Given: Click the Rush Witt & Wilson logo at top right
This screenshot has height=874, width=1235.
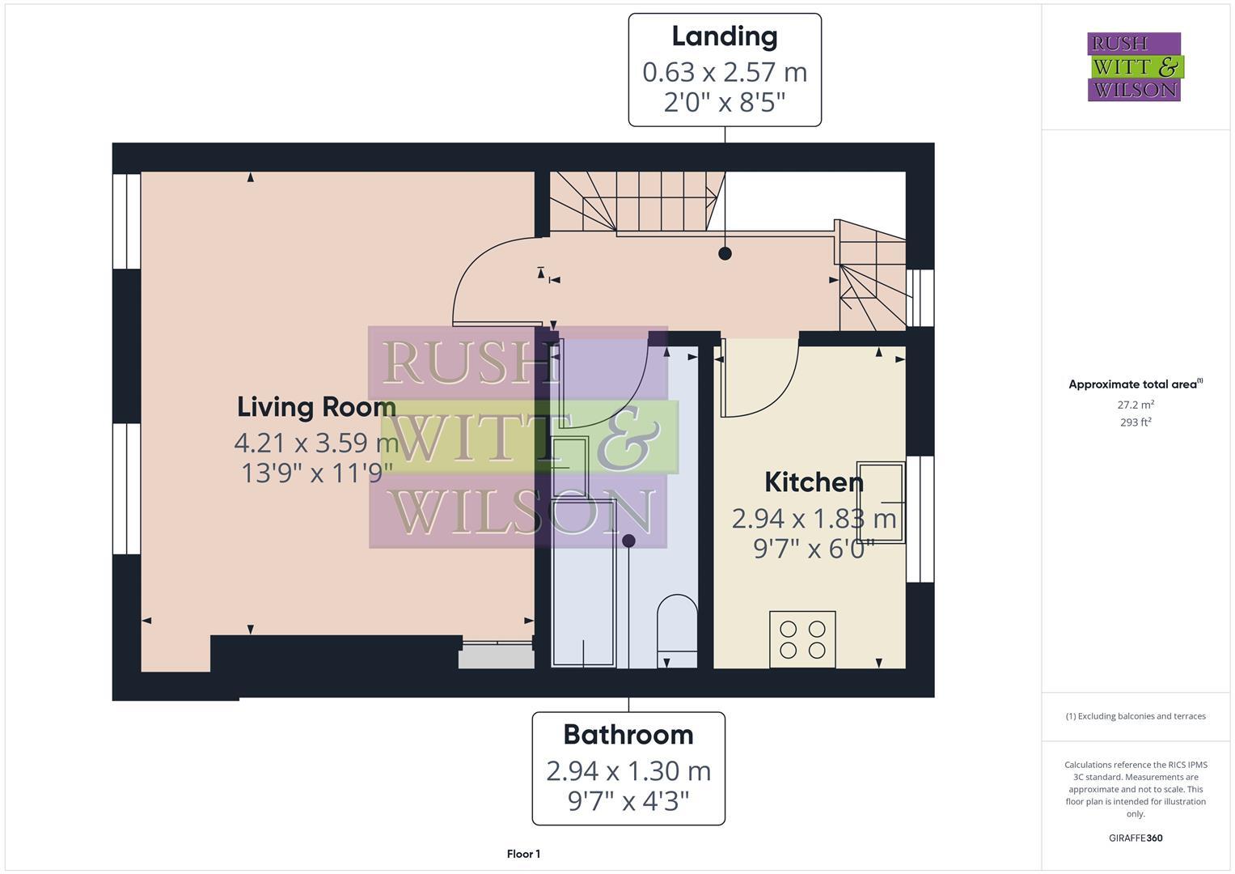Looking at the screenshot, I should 1134,66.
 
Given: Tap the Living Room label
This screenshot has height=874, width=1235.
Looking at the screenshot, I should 316,406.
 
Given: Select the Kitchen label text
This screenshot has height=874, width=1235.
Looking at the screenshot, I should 814,482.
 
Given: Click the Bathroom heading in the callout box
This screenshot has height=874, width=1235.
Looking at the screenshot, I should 628,734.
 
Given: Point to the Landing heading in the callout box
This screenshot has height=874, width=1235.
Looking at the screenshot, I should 725,36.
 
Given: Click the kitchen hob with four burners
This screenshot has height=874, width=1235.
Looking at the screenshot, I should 802,639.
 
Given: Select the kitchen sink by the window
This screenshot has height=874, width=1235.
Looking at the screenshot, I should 881,503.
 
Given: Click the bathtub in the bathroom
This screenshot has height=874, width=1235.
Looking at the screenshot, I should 583,583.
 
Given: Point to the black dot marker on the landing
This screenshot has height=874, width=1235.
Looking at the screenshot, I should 725,253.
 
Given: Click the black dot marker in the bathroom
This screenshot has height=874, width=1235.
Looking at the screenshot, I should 628,541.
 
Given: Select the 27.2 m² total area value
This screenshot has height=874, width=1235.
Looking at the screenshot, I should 1136,405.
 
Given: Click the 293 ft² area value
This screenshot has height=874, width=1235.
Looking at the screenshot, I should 1136,422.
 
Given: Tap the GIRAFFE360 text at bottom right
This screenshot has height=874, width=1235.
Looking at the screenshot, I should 1136,838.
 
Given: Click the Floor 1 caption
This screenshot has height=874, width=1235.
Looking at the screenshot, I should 523,854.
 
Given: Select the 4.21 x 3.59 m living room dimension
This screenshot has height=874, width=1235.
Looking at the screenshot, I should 316,443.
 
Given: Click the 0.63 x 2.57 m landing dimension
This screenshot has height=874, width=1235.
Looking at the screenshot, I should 725,72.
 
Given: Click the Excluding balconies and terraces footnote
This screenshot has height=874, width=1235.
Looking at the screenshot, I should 1136,716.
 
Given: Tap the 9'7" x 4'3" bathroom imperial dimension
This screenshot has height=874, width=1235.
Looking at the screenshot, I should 628,801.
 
